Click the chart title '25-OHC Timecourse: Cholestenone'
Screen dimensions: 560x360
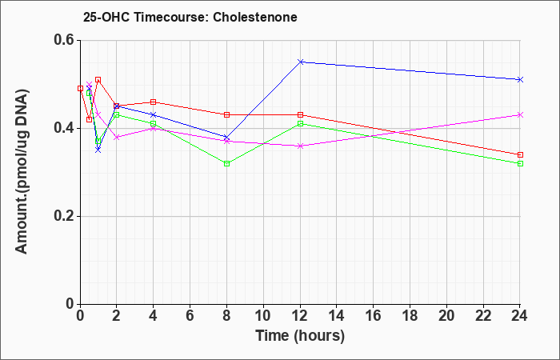(x=190, y=17)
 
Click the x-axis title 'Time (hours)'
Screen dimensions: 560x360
(x=300, y=336)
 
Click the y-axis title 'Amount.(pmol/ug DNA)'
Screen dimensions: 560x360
(x=22, y=172)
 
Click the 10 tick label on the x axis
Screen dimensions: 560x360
(x=263, y=315)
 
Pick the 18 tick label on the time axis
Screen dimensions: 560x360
(x=410, y=315)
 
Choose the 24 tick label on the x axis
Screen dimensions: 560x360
(x=520, y=315)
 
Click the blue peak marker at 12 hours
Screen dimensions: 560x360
(x=300, y=62)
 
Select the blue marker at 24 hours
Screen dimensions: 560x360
(x=520, y=79)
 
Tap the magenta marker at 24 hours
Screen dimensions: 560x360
(x=520, y=114)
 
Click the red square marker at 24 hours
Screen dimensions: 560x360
(x=520, y=154)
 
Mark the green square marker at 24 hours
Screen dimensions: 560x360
(x=520, y=163)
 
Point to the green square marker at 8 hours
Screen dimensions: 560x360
(x=226, y=163)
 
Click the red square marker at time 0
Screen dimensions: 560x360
(x=80, y=88)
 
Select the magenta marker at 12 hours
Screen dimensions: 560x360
(x=300, y=146)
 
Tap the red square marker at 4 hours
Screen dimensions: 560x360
(x=154, y=102)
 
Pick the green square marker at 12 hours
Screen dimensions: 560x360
(x=300, y=123)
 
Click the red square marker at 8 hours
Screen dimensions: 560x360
(x=226, y=114)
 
